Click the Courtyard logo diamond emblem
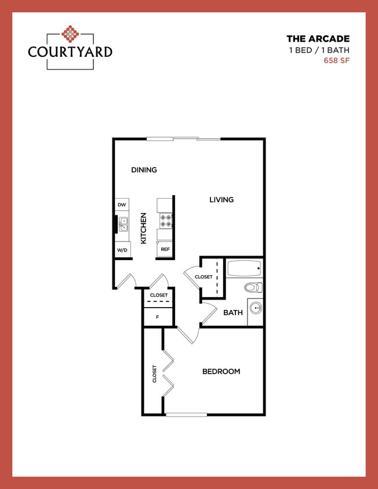tap(70, 34)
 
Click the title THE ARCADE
tap(318, 39)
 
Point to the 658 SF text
tap(336, 60)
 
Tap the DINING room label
tap(144, 170)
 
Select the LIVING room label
tap(221, 199)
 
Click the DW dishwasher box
tap(122, 205)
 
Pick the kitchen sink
tap(123, 224)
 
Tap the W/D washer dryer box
tap(122, 250)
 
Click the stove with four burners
tap(166, 220)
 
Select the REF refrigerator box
tap(165, 250)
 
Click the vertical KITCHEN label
tap(143, 228)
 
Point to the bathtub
tap(244, 269)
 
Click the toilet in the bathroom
tap(253, 287)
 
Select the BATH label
tap(233, 312)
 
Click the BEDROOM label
tap(221, 371)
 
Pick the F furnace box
tap(158, 317)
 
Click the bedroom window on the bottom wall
tap(186, 414)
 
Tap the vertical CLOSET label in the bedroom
tap(154, 374)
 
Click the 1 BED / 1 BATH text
tap(319, 50)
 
